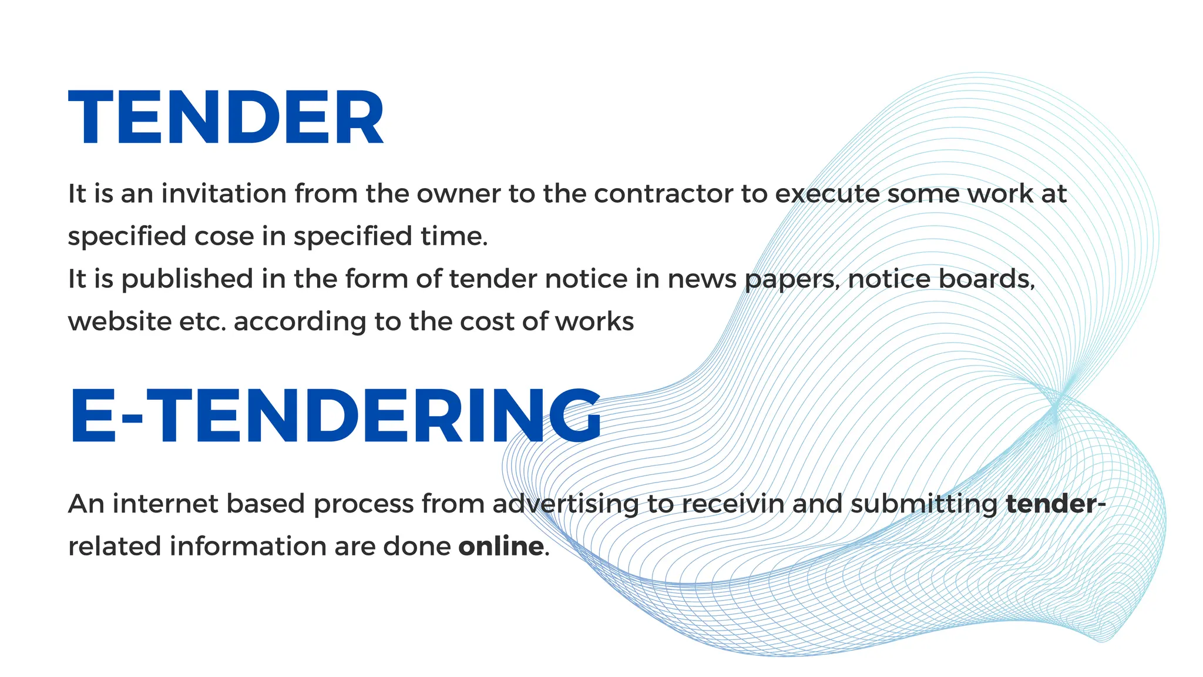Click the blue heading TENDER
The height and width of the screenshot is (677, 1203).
[x=226, y=118]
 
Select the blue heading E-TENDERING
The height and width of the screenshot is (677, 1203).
[x=335, y=416]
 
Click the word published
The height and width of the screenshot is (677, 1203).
[x=187, y=279]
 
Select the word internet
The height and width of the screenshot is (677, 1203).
[x=164, y=504]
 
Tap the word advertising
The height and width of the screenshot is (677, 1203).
[x=565, y=504]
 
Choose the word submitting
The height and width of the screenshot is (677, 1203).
[x=924, y=504]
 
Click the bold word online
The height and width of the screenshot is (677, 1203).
[x=500, y=547]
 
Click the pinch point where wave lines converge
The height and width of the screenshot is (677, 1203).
[x=1056, y=405]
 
